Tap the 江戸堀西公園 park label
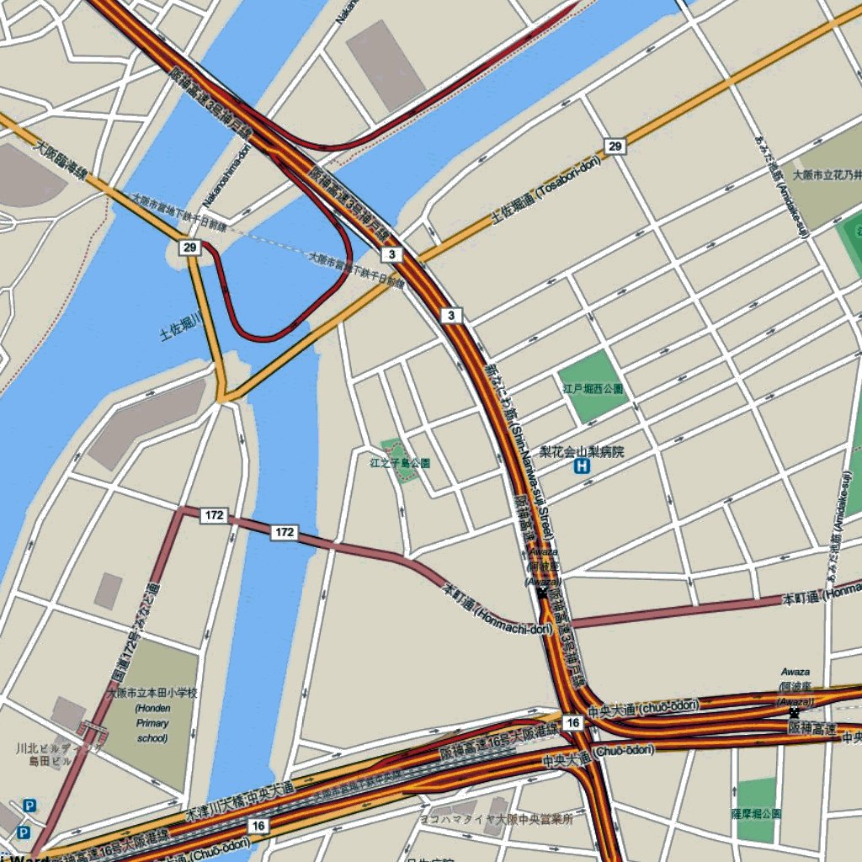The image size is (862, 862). coord(593,389)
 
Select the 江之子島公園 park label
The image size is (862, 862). coord(400,463)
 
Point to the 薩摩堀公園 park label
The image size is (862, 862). coord(756,814)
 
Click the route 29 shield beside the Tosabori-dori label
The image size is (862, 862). coord(615,146)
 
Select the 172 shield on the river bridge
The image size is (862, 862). coord(285,532)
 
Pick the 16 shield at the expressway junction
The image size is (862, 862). coord(572,723)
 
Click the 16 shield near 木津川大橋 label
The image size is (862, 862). coord(258,826)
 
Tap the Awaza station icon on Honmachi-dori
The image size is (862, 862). coord(542,593)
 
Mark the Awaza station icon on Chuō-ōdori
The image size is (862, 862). coord(794,713)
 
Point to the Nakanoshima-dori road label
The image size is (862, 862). coord(227,176)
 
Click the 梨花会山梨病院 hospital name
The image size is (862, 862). coord(583,452)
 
